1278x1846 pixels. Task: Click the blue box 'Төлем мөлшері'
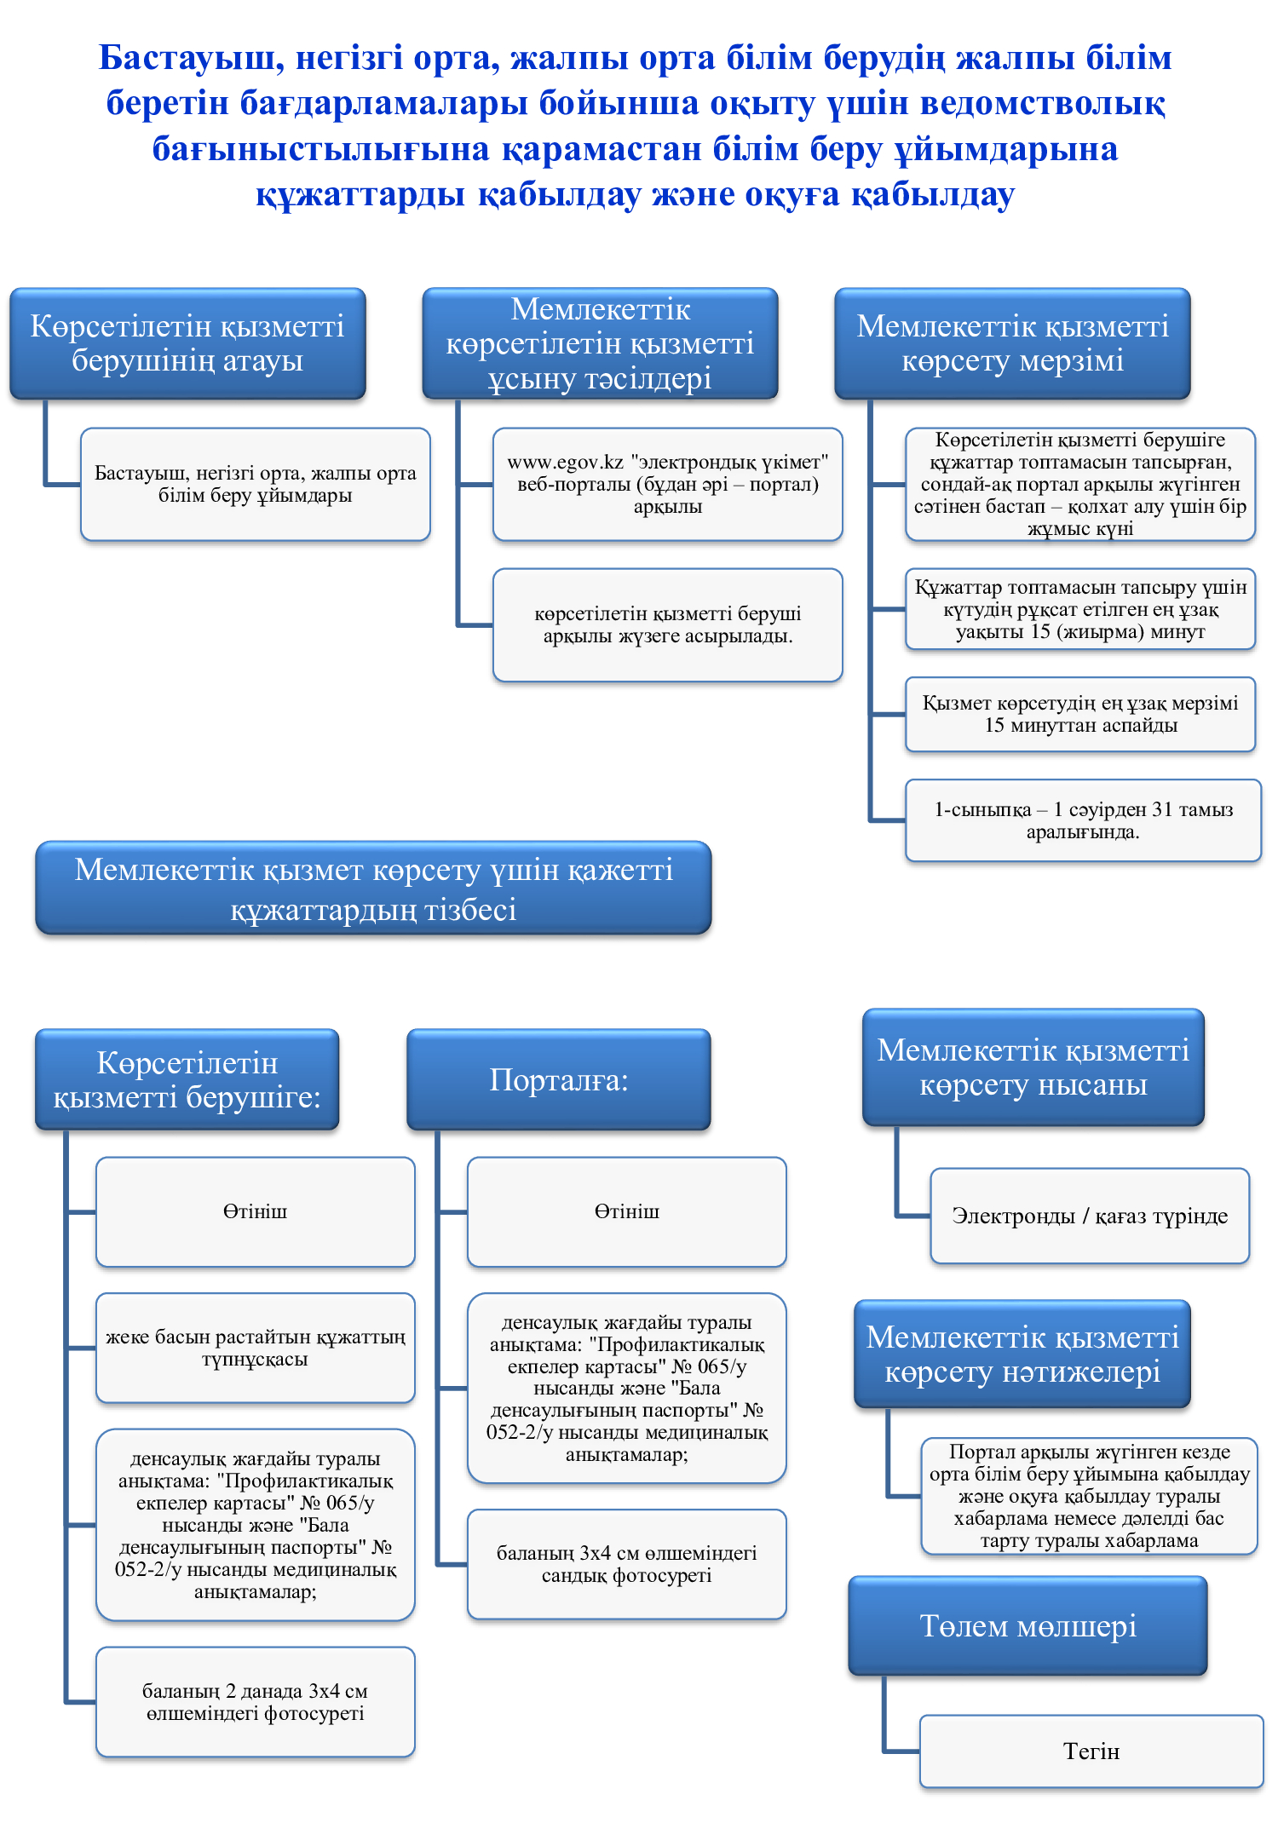point(1028,1625)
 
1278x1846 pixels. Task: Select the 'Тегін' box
point(1091,1751)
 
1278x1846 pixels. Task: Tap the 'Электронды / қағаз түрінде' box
point(1090,1216)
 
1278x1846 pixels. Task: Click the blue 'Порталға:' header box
point(559,1079)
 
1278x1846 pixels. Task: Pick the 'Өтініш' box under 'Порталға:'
point(627,1211)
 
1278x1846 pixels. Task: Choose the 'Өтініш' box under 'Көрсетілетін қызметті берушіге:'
point(256,1211)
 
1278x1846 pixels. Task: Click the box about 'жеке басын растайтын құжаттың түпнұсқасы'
point(256,1348)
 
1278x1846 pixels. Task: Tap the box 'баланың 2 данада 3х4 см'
point(256,1702)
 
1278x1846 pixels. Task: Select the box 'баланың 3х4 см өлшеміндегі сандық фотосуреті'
point(627,1564)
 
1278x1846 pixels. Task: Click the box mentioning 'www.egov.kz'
point(668,484)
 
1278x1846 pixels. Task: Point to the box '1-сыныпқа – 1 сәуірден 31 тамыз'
point(1083,820)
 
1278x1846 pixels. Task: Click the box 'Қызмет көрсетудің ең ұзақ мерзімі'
point(1080,714)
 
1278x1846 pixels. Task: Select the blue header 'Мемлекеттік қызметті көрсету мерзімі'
point(1012,343)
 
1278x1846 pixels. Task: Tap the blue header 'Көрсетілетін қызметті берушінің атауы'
point(187,343)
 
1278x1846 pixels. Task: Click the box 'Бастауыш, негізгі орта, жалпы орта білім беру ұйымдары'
point(256,484)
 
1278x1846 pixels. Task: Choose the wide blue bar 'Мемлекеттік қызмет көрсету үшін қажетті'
point(373,888)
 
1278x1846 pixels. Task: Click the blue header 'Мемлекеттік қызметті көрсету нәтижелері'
point(1022,1354)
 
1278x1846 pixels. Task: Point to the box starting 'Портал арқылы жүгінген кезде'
point(1089,1496)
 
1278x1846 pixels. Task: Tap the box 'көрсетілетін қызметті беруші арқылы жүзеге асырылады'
point(668,624)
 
